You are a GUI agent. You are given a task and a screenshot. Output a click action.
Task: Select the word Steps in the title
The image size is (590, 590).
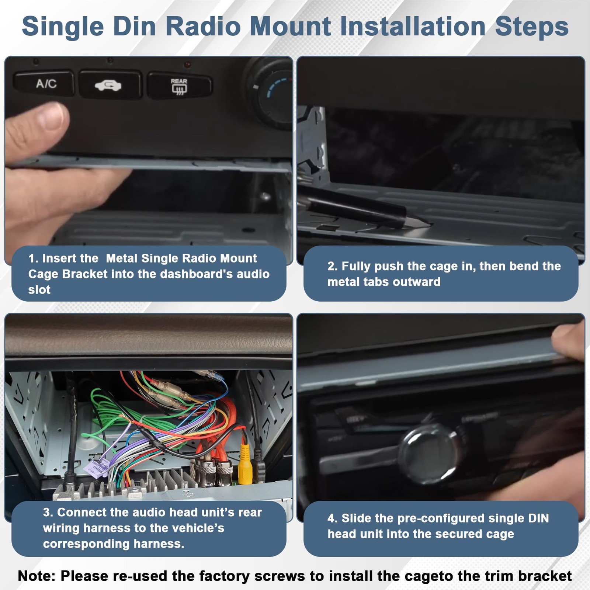click(531, 27)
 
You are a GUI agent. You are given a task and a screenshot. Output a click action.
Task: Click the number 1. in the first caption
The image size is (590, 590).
click(33, 258)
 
